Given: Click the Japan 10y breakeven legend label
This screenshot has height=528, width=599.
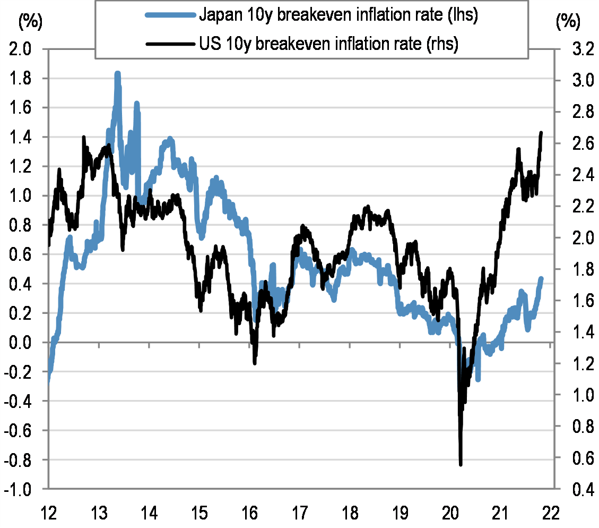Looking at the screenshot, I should coord(339,15).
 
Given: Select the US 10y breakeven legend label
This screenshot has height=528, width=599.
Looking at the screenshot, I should coord(328,44).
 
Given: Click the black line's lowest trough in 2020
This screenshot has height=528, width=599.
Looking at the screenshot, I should coord(461,464).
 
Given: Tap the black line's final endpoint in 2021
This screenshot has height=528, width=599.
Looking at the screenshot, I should coord(541,133).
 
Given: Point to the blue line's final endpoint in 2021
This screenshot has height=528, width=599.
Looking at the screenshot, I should coord(541,278).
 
